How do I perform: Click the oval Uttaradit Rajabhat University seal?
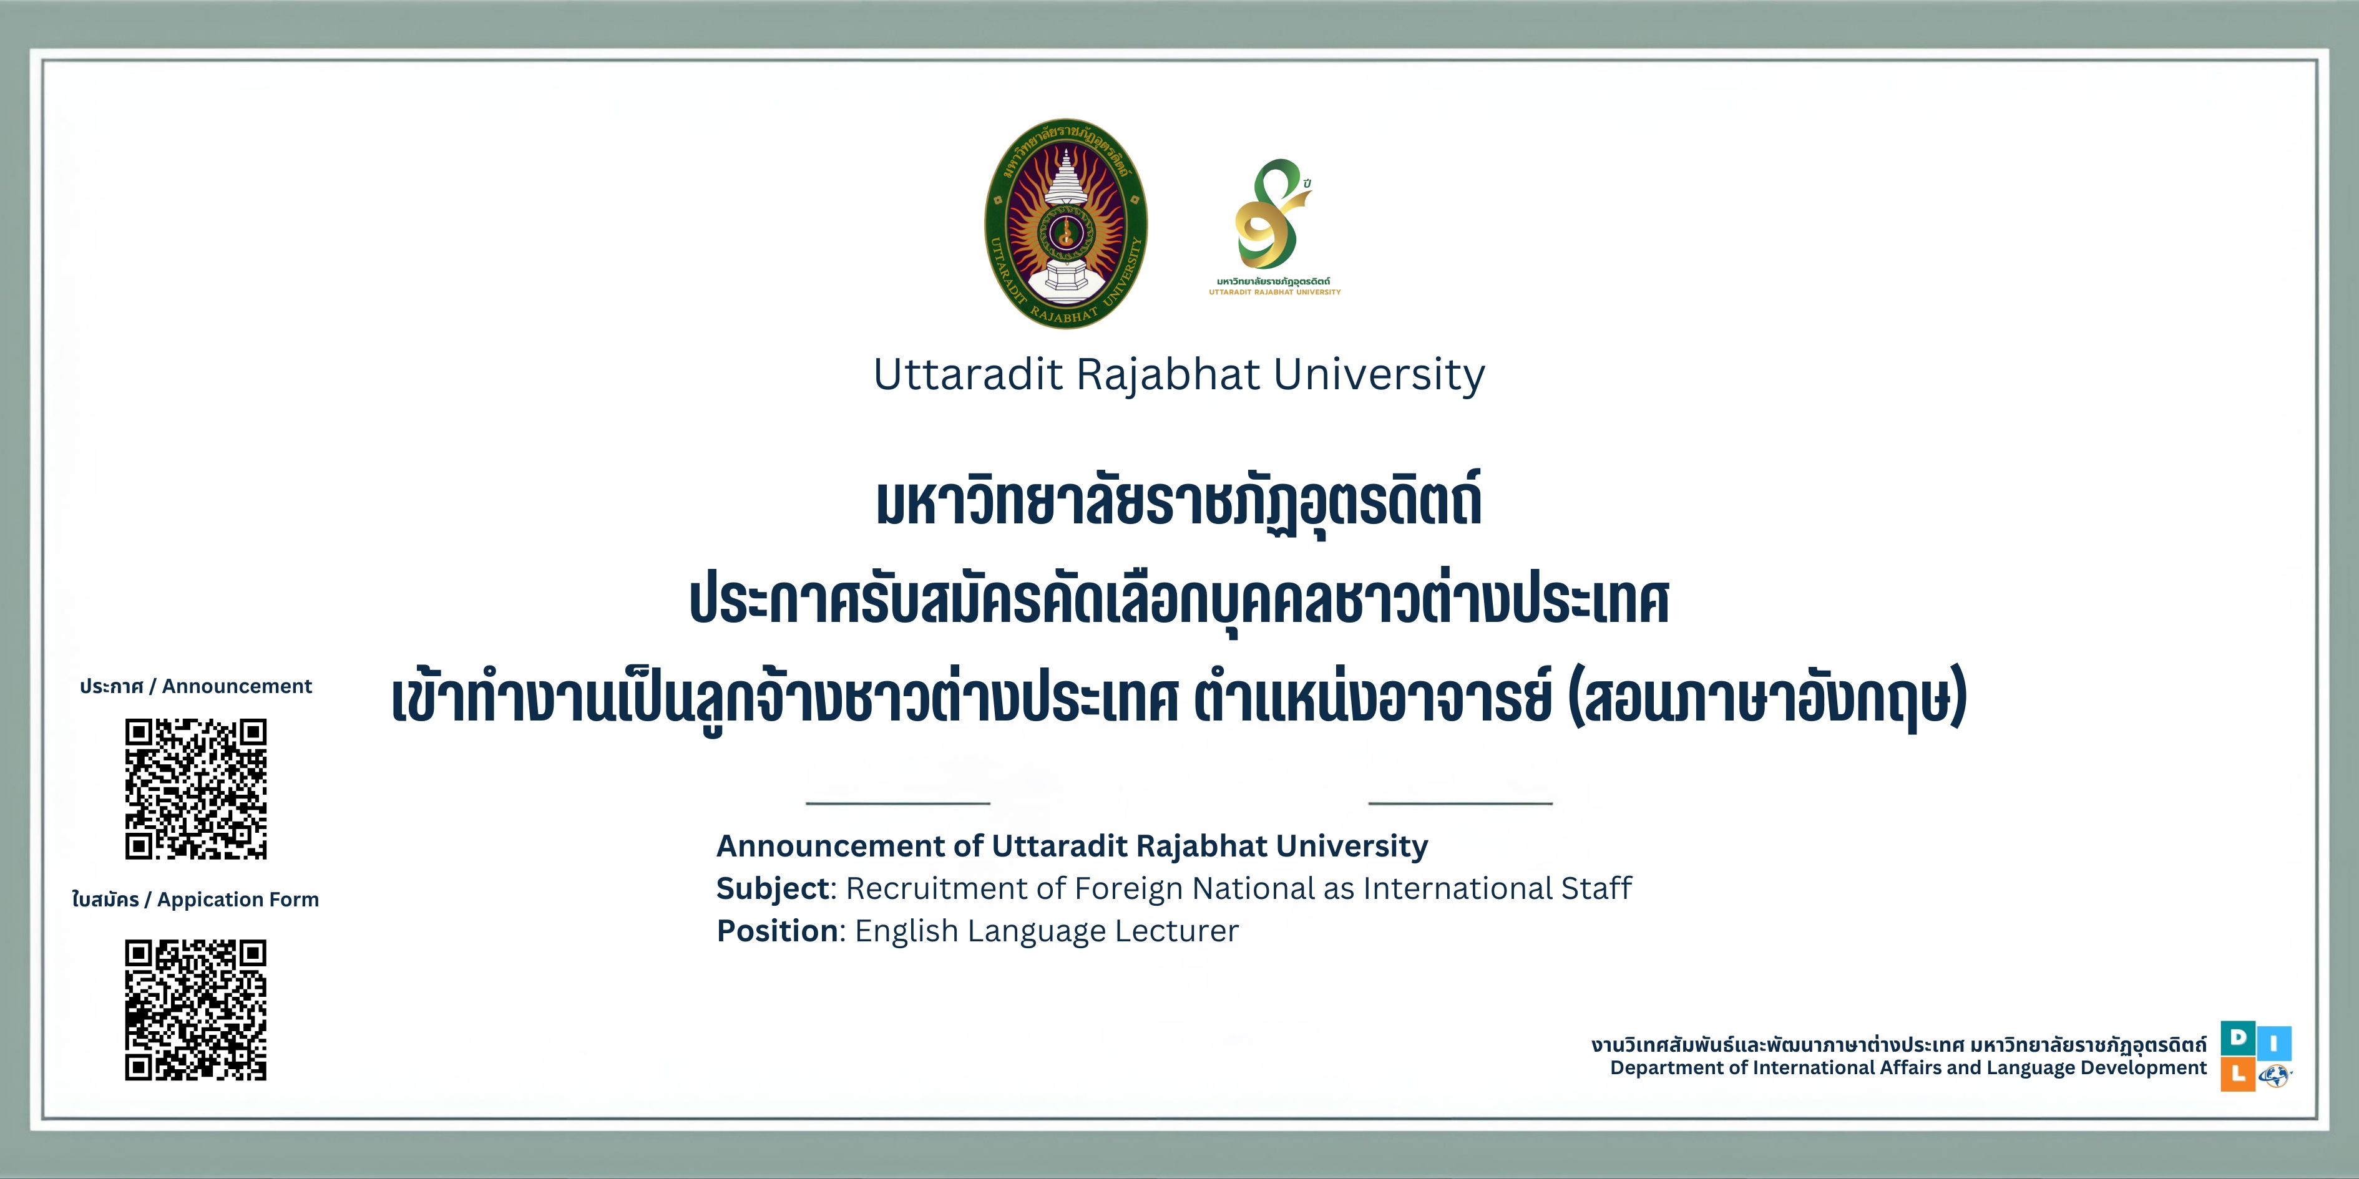[x=1066, y=223]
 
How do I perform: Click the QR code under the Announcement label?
[x=196, y=789]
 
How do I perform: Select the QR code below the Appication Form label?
[x=196, y=1010]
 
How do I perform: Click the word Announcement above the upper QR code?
[x=237, y=687]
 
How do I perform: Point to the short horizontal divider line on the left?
[x=899, y=803]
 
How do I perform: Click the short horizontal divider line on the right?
[x=1460, y=803]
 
